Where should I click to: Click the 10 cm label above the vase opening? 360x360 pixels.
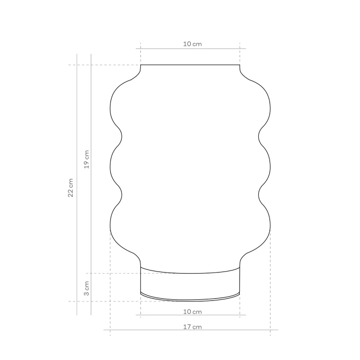point(192,44)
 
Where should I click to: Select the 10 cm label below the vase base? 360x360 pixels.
point(192,311)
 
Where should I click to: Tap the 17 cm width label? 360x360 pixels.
point(192,327)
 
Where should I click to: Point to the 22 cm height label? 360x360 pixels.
point(71,188)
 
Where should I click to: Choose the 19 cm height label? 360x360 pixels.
point(86,159)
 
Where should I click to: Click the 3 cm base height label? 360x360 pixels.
point(86,288)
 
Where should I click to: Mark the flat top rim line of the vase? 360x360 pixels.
point(190,65)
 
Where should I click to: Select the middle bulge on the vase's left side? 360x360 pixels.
point(112,166)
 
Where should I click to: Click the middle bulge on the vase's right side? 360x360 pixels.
point(270,166)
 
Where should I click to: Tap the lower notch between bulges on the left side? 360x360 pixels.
point(122,194)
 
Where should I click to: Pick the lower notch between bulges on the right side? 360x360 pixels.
point(259,194)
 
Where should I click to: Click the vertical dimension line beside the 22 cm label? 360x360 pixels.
point(77,231)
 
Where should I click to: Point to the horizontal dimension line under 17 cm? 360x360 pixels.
point(154,330)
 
